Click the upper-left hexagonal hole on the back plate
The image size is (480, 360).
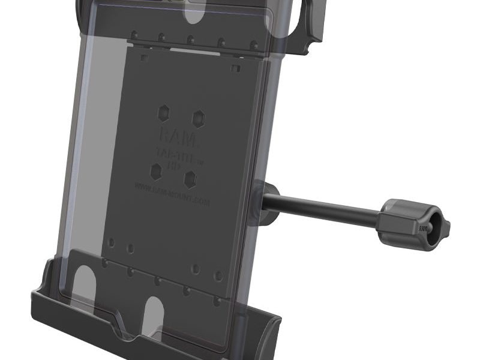click(x=164, y=113)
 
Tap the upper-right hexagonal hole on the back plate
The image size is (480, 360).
click(x=197, y=116)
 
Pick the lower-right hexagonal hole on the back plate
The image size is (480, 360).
click(x=191, y=178)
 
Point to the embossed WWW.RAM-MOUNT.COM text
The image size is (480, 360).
click(x=172, y=196)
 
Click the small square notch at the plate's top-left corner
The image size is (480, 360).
click(x=144, y=58)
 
